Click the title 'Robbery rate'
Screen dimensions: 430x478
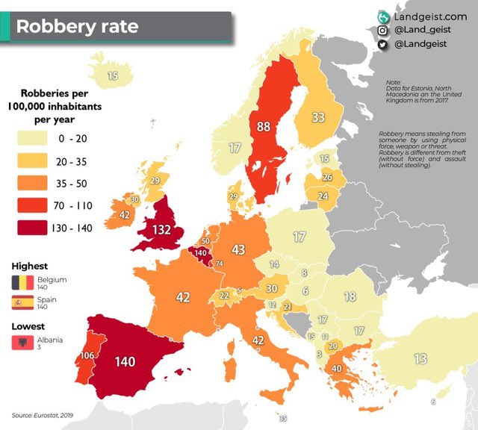click(77, 26)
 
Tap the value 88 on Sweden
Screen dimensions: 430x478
click(264, 127)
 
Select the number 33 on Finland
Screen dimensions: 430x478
click(318, 117)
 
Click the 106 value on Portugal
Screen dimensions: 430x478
click(87, 355)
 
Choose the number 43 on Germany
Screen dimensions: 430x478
click(238, 249)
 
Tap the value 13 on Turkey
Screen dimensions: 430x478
click(420, 359)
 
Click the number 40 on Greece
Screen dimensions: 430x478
click(337, 368)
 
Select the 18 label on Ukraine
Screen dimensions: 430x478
click(349, 296)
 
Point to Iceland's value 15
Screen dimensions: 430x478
click(112, 75)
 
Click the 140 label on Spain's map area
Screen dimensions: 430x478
click(125, 361)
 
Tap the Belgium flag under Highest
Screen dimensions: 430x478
click(21, 281)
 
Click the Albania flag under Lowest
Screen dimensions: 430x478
click(21, 343)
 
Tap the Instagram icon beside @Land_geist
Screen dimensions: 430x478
click(382, 31)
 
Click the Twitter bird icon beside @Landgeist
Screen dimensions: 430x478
click(382, 45)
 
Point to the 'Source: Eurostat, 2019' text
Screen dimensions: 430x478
click(43, 414)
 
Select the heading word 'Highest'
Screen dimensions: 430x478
click(30, 266)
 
